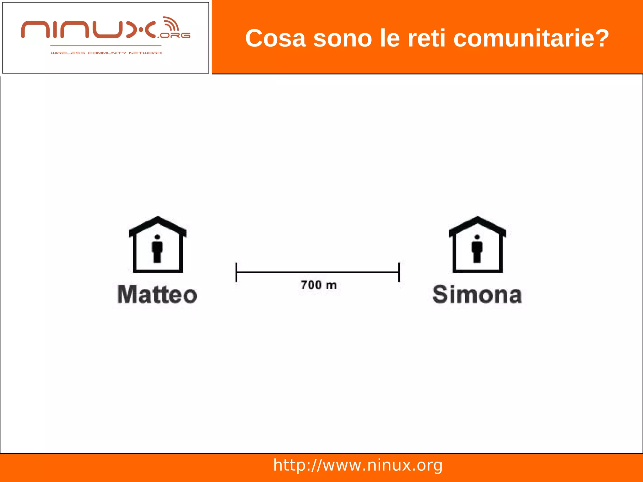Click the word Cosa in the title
pyautogui.click(x=275, y=38)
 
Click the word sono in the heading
pyautogui.click(x=343, y=39)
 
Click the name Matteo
pyautogui.click(x=157, y=295)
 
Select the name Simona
pyautogui.click(x=477, y=295)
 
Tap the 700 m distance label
pyautogui.click(x=318, y=285)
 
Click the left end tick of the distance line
pyautogui.click(x=236, y=272)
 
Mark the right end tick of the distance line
pyautogui.click(x=399, y=272)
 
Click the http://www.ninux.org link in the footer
pyautogui.click(x=358, y=465)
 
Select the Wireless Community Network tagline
pyautogui.click(x=106, y=53)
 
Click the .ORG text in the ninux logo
pyautogui.click(x=174, y=35)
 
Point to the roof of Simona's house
pyautogui.click(x=477, y=225)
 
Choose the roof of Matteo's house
pyautogui.click(x=158, y=225)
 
